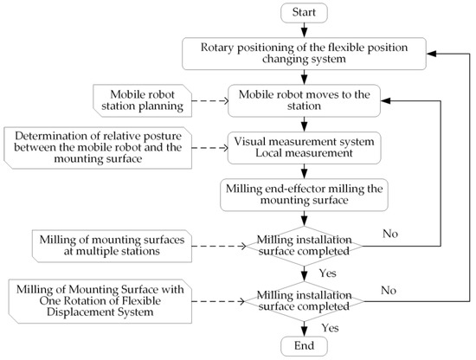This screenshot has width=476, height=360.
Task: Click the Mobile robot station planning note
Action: coord(133,100)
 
